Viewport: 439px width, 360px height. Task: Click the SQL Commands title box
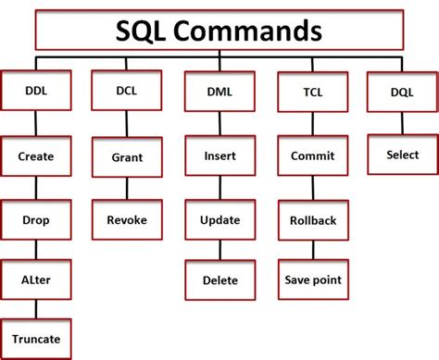click(x=219, y=31)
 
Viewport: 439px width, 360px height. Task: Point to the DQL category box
click(x=403, y=92)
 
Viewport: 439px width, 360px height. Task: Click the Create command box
click(x=35, y=156)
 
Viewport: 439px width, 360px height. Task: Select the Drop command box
click(x=35, y=220)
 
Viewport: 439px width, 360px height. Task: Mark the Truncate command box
click(x=35, y=339)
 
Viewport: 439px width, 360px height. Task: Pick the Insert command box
click(x=219, y=156)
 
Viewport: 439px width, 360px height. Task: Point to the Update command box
click(x=219, y=220)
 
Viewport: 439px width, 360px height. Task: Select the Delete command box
click(x=219, y=279)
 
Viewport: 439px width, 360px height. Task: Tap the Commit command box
click(x=312, y=156)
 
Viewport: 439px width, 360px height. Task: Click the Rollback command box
click(x=312, y=220)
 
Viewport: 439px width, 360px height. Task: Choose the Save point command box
click(x=312, y=279)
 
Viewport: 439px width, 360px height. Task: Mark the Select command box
click(x=403, y=155)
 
